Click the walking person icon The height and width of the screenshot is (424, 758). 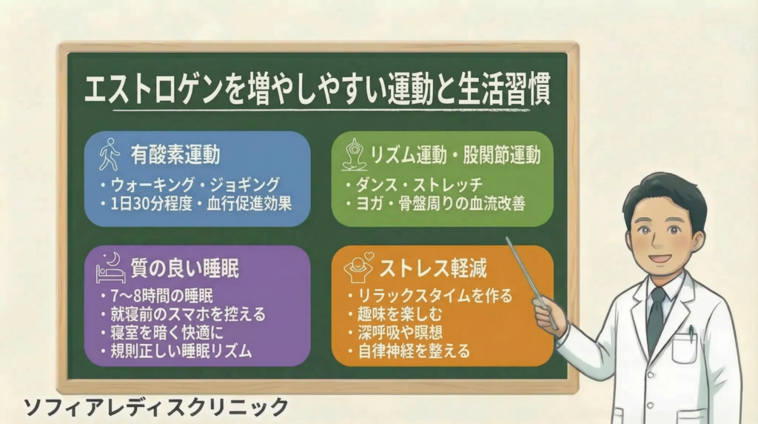click(x=110, y=154)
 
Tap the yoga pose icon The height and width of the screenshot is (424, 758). click(x=355, y=154)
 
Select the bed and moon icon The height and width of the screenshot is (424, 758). click(x=111, y=268)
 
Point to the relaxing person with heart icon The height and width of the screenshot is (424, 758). click(x=358, y=268)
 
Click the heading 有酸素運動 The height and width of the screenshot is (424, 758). click(x=175, y=155)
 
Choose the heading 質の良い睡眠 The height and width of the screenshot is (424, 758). click(x=184, y=268)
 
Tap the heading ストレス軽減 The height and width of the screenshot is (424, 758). click(x=433, y=268)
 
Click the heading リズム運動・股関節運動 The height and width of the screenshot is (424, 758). click(x=455, y=156)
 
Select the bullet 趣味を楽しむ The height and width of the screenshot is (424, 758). click(x=400, y=314)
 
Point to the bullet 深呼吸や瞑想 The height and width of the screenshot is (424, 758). click(x=400, y=333)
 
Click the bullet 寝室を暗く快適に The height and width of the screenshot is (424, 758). click(x=167, y=333)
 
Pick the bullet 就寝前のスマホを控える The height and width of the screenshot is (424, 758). click(x=188, y=314)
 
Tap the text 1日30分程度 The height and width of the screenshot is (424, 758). click(x=152, y=204)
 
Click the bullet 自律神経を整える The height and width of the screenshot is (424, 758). click(x=414, y=351)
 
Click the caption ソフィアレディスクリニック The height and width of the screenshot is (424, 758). click(x=156, y=408)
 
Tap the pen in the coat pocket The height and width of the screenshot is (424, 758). click(x=691, y=333)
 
